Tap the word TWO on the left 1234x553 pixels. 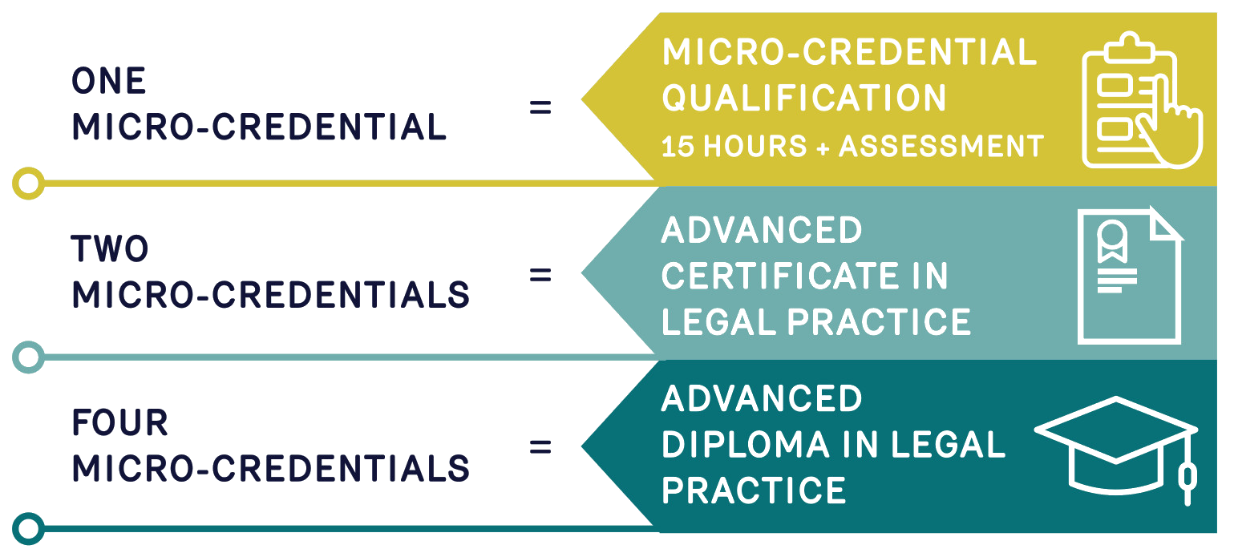point(111,249)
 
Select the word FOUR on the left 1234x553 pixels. point(119,422)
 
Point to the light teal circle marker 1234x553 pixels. point(28,357)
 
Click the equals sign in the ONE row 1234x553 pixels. point(540,107)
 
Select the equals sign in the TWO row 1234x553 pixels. point(540,275)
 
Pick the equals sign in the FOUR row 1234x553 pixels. point(540,446)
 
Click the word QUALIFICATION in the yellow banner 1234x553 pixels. point(804,99)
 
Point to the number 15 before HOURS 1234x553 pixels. point(678,146)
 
